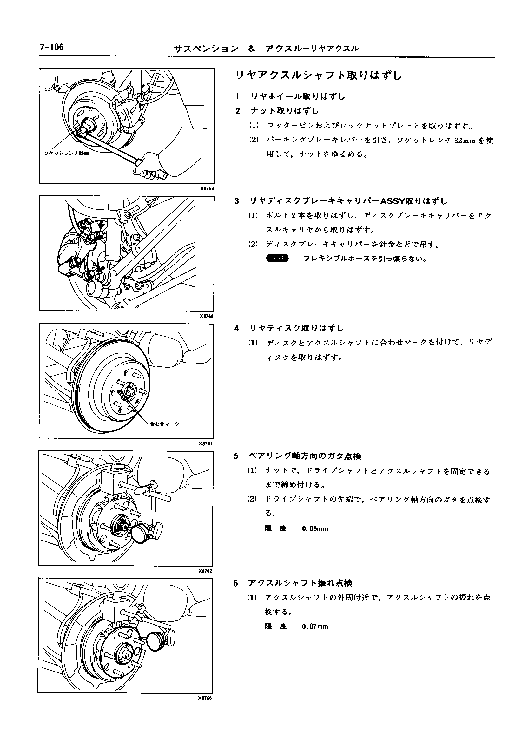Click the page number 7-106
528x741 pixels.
(x=52, y=48)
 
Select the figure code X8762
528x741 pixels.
(x=205, y=571)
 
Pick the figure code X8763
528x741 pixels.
(x=205, y=698)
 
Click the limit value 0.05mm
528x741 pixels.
(x=315, y=529)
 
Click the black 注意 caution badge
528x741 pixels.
(x=277, y=259)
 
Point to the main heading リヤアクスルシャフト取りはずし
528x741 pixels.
(x=319, y=76)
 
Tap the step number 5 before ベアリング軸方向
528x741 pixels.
(x=236, y=456)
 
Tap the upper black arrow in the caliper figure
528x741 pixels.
(x=102, y=224)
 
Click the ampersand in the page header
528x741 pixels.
(x=251, y=49)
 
